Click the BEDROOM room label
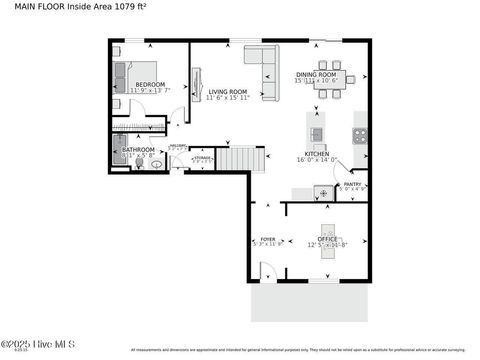point(150,85)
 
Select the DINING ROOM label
point(321,75)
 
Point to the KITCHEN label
point(318,154)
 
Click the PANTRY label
point(353,184)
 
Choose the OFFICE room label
point(327,238)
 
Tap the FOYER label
point(267,240)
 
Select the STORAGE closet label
point(201,157)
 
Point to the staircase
point(242,157)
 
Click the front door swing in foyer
point(265,272)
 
